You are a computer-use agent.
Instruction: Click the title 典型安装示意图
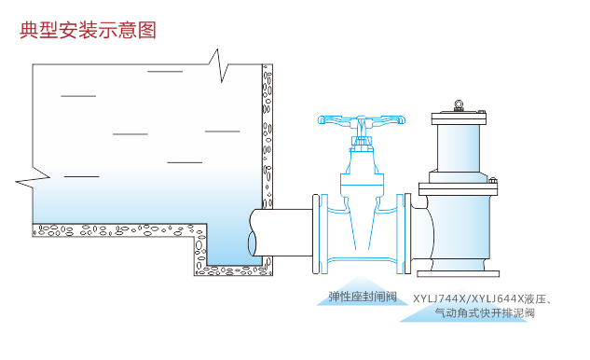click(88, 30)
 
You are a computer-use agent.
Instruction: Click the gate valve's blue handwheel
click(363, 120)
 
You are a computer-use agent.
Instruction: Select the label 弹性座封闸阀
click(363, 298)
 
